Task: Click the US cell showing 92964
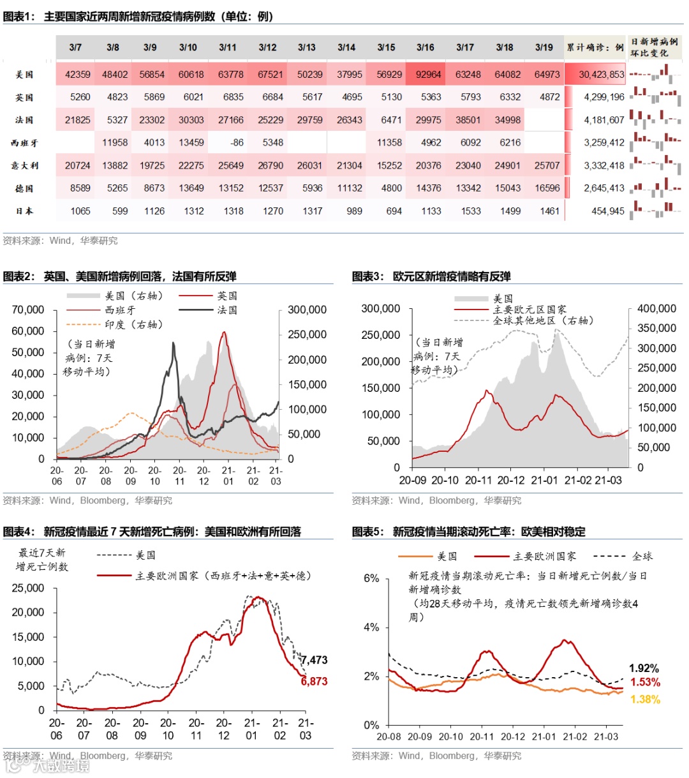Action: tap(428, 74)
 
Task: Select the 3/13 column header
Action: tap(306, 47)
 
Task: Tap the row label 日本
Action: tap(24, 211)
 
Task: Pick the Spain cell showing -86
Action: tap(236, 142)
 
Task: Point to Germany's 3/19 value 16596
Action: tap(547, 188)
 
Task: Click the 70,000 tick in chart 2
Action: tap(28, 310)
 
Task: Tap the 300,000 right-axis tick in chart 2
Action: tap(307, 310)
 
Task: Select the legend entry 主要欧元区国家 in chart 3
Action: tap(530, 310)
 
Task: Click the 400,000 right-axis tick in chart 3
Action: tap(656, 309)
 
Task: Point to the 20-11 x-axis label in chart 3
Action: tap(478, 481)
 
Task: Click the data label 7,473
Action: tap(314, 660)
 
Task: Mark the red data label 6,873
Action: tap(314, 681)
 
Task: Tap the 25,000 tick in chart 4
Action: tap(28, 588)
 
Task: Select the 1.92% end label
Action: tap(644, 668)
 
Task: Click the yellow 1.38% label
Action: tap(645, 699)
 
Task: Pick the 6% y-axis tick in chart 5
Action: tap(371, 578)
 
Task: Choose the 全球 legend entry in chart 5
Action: tap(642, 557)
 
